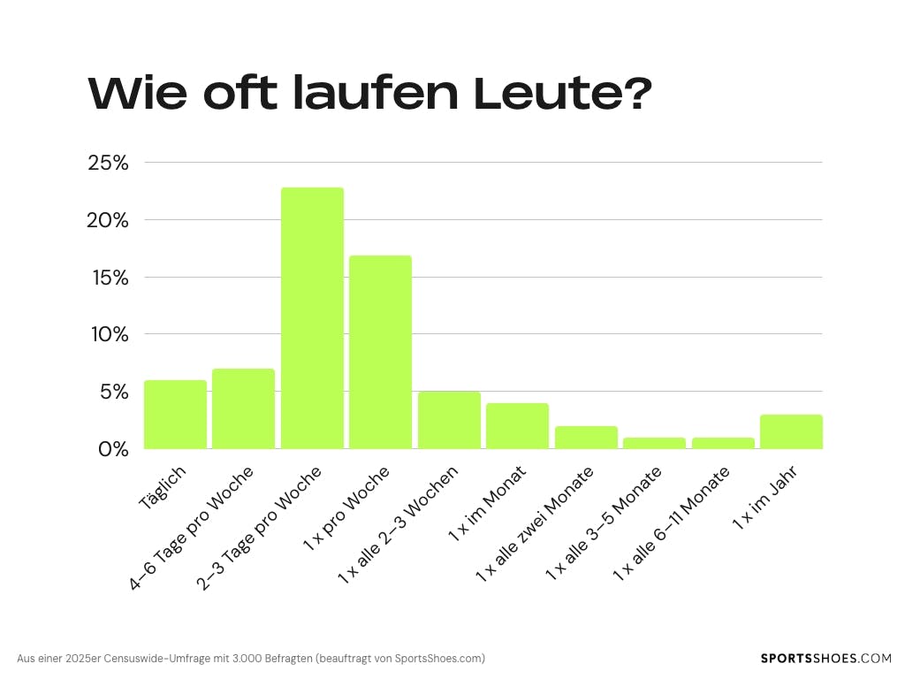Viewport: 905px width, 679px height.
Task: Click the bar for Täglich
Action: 175,415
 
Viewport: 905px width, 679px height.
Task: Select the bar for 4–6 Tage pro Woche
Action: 243,408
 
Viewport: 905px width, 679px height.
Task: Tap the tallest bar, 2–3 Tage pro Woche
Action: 312,318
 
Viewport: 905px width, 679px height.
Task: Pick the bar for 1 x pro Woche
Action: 380,352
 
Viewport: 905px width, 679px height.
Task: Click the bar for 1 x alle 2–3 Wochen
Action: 449,420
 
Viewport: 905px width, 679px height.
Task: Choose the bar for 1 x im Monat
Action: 517,426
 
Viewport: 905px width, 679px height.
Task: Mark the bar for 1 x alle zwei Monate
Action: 586,438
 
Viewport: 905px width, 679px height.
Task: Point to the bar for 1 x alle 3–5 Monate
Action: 654,443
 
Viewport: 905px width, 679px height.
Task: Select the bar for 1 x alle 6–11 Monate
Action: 723,443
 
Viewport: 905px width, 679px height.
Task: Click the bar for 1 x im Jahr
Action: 791,431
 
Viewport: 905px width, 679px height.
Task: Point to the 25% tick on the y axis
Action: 108,163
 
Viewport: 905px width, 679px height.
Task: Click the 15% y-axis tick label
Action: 108,278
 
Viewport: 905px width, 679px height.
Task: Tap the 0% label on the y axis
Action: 112,449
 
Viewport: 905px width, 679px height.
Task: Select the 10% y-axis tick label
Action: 108,335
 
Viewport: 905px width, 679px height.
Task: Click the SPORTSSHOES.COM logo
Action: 826,659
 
